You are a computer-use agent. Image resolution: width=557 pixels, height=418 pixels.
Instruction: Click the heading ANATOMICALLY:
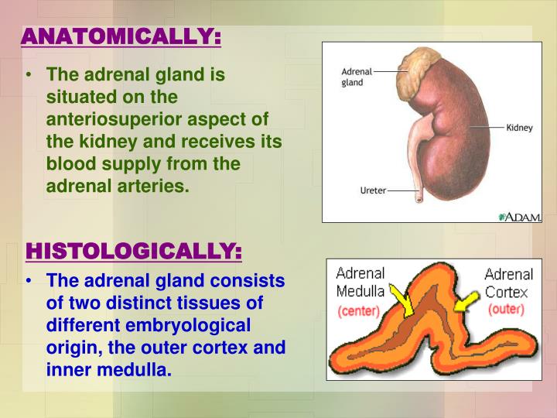coord(121,38)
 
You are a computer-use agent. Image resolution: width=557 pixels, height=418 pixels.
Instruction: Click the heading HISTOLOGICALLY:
coord(133,252)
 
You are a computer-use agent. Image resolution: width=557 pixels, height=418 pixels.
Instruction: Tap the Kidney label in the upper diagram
coord(519,128)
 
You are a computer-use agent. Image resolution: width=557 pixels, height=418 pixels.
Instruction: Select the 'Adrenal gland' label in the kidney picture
coord(357,77)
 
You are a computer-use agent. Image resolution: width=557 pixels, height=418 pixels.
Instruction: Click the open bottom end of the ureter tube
coord(419,198)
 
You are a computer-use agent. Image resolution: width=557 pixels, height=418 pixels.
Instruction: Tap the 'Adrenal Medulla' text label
coord(360,283)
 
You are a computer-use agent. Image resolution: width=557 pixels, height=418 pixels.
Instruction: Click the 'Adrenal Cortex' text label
coord(508,283)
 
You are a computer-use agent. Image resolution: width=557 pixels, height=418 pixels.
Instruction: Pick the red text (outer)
coord(506,309)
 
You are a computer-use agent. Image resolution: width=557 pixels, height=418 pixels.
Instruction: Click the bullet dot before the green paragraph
coord(29,76)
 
